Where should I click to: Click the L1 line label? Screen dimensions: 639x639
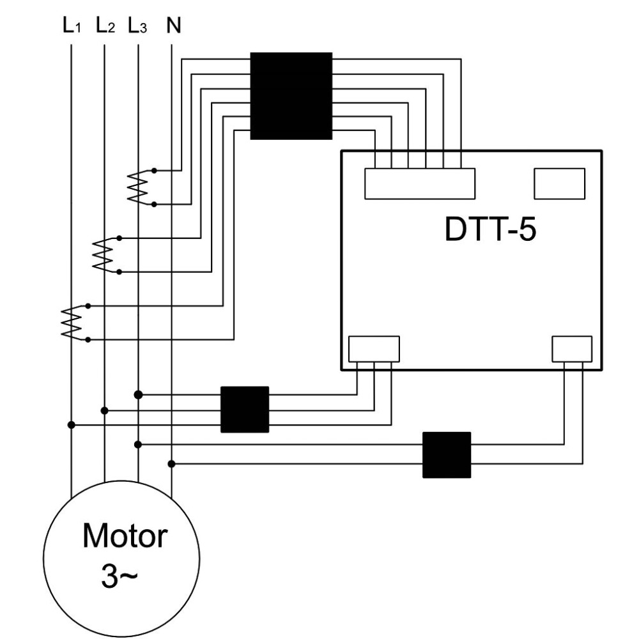(72, 26)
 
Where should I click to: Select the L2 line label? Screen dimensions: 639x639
(105, 26)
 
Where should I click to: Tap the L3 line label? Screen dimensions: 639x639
(137, 26)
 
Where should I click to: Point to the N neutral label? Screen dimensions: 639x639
(174, 26)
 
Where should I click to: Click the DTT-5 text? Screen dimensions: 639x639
(490, 229)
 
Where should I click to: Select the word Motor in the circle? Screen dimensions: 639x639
(125, 535)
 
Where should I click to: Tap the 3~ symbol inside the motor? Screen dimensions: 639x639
(119, 576)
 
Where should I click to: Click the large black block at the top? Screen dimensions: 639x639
(291, 96)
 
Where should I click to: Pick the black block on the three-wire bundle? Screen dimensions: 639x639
(245, 409)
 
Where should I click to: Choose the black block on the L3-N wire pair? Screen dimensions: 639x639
(447, 455)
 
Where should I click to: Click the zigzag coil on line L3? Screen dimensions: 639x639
(138, 187)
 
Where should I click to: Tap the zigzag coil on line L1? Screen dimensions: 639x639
(72, 322)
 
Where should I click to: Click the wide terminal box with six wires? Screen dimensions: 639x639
(420, 184)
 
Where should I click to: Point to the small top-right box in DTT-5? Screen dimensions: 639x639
(560, 184)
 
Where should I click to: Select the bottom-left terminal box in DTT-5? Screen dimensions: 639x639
(374, 349)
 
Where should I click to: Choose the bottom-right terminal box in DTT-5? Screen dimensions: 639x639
(572, 349)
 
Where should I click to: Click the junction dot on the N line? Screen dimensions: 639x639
(171, 464)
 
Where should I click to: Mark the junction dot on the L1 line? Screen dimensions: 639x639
(72, 425)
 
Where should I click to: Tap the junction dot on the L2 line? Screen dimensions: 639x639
(104, 410)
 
